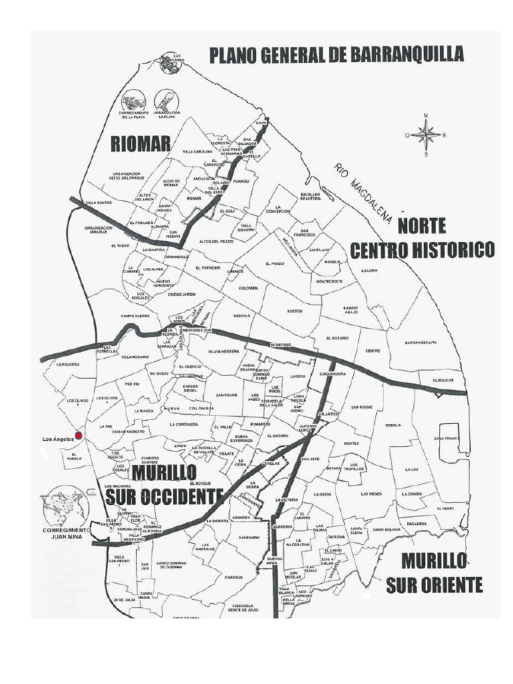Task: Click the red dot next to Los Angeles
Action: pos(79,436)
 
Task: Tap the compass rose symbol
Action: pos(425,135)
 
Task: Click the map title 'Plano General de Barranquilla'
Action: pos(337,55)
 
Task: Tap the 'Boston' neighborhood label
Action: pos(294,311)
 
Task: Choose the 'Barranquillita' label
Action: pos(421,343)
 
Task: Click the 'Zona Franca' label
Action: pos(448,438)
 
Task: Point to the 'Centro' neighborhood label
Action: pos(372,351)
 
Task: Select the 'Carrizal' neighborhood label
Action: pos(233,577)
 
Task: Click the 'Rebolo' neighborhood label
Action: pos(393,425)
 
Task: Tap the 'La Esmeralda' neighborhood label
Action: pos(183,424)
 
